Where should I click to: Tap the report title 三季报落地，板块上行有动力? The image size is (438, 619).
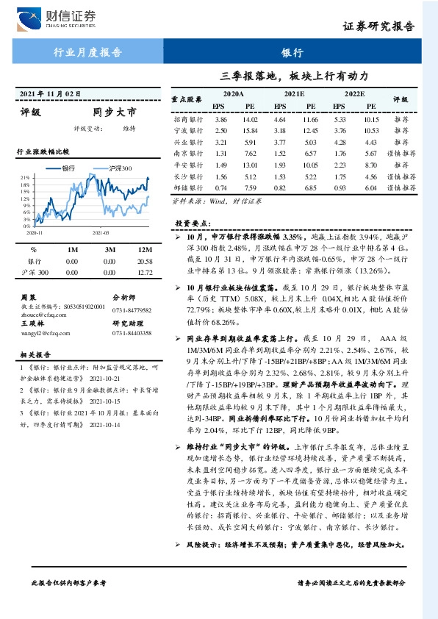pos(294,76)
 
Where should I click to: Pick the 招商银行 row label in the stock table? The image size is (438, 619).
pos(188,119)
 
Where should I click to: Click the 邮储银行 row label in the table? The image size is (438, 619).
pos(188,187)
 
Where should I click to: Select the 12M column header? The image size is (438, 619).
pos(145,250)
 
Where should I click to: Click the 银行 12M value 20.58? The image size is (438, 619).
pos(145,261)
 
